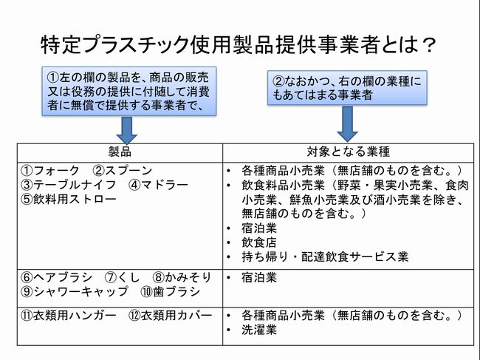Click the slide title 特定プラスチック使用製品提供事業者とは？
[x=238, y=45]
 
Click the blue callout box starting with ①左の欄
[x=129, y=91]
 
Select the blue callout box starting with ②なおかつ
[x=347, y=88]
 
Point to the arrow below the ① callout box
[x=127, y=130]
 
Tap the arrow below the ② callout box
[x=348, y=124]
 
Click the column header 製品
[x=120, y=152]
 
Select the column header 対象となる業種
[x=349, y=152]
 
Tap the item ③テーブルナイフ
[x=68, y=185]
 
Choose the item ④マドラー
[x=158, y=185]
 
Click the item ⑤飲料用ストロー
[x=69, y=199]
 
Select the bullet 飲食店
[x=258, y=242]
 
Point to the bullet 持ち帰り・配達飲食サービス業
[x=325, y=257]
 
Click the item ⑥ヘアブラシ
[x=56, y=277]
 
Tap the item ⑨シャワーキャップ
[x=74, y=291]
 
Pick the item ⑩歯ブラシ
[x=170, y=291]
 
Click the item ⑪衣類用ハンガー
[x=68, y=315]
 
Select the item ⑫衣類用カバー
[x=170, y=315]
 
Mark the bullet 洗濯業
[x=258, y=330]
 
